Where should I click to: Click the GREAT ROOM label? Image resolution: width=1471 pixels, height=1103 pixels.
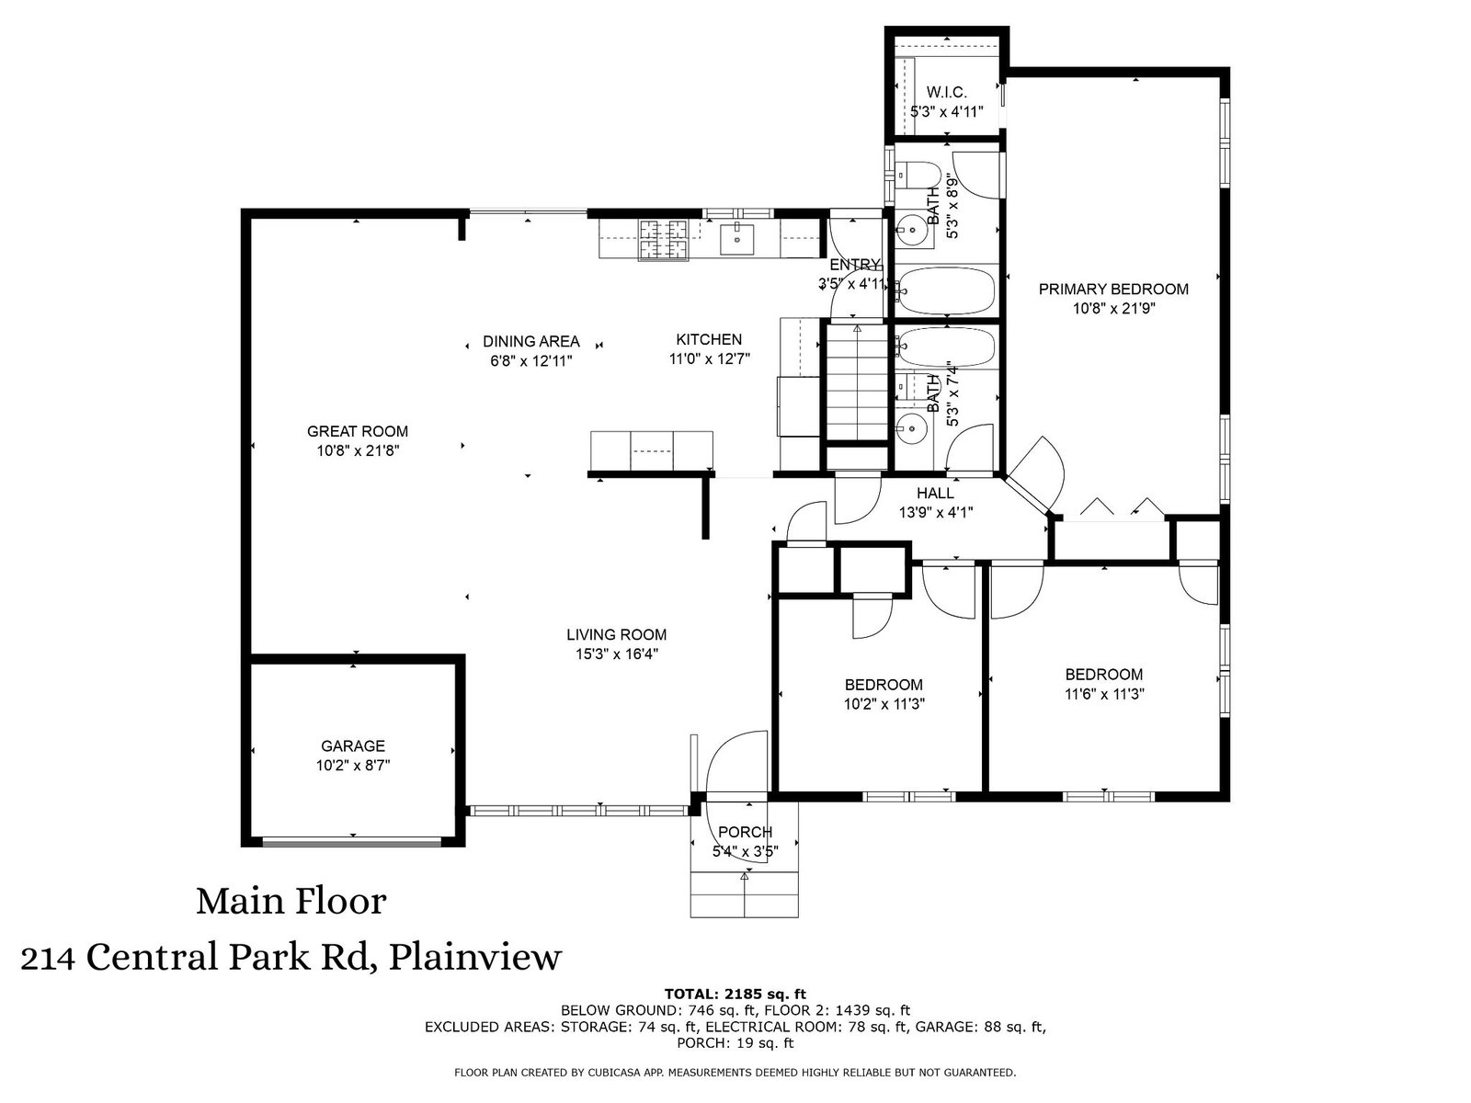tap(358, 431)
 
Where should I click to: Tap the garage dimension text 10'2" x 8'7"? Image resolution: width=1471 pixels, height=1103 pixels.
tap(353, 765)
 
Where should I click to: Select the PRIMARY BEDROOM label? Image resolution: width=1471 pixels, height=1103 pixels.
tap(1113, 290)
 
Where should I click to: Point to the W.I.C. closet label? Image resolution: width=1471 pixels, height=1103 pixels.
tap(946, 93)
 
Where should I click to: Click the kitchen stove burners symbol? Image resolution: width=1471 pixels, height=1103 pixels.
tap(664, 240)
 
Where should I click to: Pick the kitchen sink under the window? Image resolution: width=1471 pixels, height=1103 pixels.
tap(736, 240)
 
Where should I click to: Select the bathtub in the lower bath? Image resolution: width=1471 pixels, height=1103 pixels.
tap(946, 347)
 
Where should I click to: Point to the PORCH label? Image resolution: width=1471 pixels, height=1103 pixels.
tap(746, 832)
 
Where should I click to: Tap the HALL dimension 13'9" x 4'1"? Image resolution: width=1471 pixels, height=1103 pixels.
tap(936, 513)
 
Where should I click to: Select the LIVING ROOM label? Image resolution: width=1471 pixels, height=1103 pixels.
tap(617, 635)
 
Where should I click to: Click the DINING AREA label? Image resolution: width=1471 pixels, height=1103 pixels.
tap(531, 342)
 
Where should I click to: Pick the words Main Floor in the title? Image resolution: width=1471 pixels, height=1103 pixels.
tap(291, 902)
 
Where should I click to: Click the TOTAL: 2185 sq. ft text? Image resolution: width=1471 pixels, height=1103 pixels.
tap(735, 994)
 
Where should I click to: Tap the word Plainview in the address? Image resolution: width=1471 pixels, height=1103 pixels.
tap(475, 957)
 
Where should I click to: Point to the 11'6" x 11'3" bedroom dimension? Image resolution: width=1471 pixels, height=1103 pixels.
tap(1104, 694)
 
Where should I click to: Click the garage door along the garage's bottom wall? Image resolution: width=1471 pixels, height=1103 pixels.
tap(352, 843)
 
